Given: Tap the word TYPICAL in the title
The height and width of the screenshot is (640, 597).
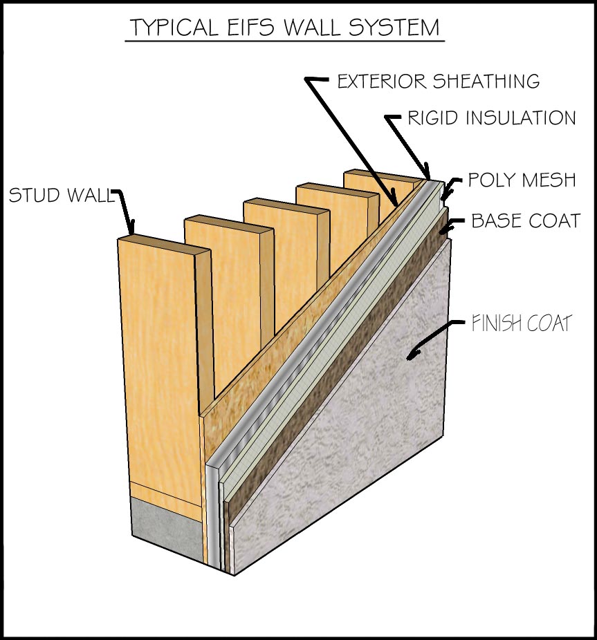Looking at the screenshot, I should coord(175,28).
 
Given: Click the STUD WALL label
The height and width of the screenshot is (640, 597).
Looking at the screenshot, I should coord(59,196).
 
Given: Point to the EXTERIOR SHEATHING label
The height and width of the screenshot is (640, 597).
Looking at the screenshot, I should coord(438,81).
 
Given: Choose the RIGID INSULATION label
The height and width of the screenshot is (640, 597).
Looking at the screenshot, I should coord(491,118).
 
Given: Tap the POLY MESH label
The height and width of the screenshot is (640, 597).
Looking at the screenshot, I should coord(522,180).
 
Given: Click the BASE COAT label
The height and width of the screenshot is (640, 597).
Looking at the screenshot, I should coord(525,221).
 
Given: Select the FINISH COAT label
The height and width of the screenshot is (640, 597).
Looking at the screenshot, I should coord(521,323).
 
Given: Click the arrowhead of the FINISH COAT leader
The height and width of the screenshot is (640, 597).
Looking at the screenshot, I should coord(412,355).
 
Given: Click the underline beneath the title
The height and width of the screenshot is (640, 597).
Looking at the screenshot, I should coord(284,41).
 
